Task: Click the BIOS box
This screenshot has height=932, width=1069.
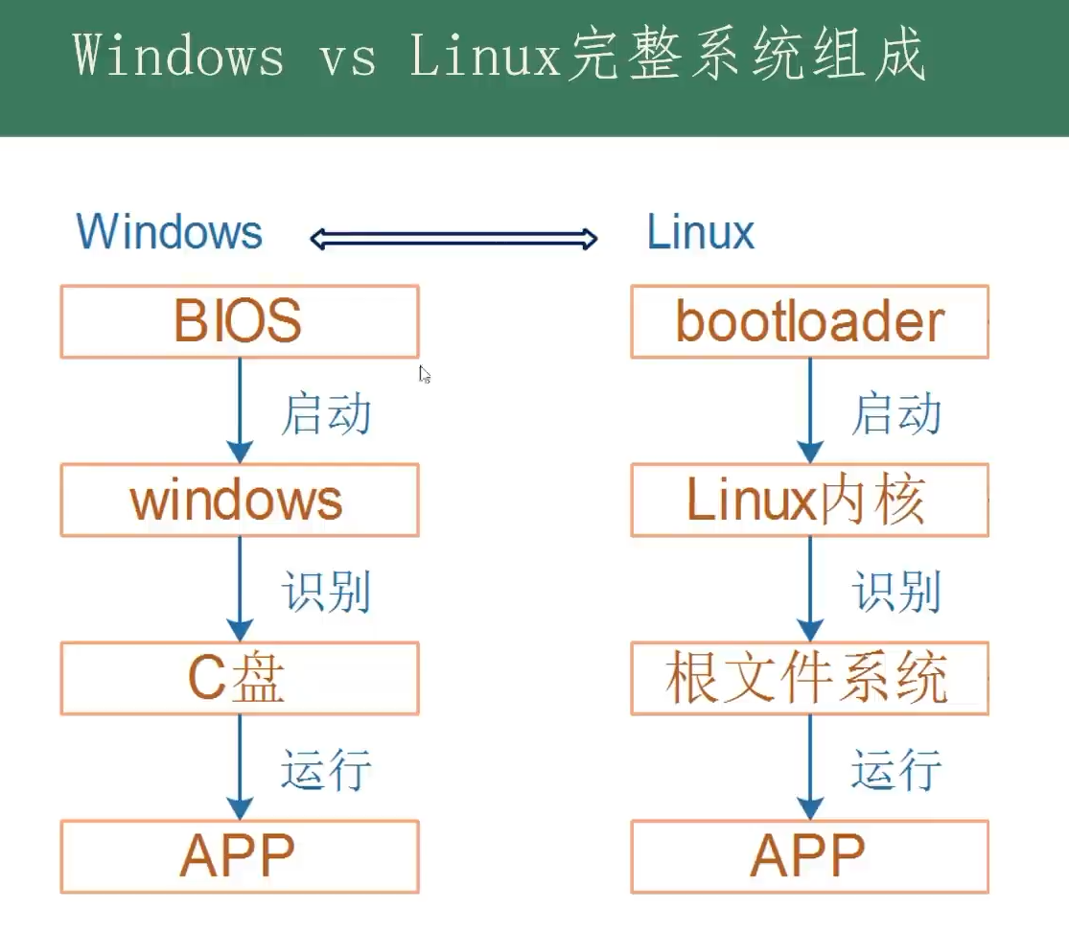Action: click(239, 321)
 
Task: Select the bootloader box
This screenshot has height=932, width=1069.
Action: click(809, 321)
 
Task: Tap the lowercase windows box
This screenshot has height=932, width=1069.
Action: click(239, 500)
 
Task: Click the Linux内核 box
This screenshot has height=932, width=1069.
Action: click(809, 500)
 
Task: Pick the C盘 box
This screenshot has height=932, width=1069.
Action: click(239, 678)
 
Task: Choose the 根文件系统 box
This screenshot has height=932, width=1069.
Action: click(809, 678)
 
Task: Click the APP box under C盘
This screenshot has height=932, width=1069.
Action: click(239, 856)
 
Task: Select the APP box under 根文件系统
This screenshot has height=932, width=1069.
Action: click(809, 856)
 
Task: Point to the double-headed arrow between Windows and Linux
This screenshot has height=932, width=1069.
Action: click(453, 238)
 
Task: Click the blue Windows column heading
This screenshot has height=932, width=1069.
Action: click(170, 232)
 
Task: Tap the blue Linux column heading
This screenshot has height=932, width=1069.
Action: click(701, 232)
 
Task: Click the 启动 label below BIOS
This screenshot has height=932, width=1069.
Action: click(326, 414)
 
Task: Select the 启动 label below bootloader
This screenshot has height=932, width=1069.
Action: click(896, 414)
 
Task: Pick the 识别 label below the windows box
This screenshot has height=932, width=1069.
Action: click(326, 592)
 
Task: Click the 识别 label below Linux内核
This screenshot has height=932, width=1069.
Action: click(896, 592)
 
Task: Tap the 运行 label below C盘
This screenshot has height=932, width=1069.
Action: click(326, 769)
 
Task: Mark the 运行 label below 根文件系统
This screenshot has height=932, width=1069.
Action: click(896, 769)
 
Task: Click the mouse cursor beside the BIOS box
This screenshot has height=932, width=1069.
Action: click(425, 375)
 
